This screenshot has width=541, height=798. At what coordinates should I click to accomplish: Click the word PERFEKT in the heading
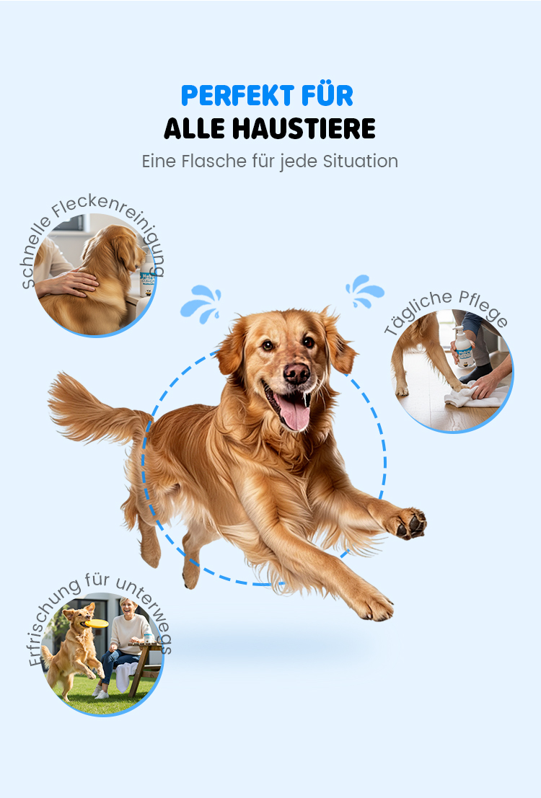pos(238,95)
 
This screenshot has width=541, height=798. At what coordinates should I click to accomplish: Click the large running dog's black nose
pos(296,373)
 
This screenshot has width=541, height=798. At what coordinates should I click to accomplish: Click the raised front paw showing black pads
pos(410,523)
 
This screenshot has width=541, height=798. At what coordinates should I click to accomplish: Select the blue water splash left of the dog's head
pos(201,303)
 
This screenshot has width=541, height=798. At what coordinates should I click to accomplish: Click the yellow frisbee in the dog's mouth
pos(96,624)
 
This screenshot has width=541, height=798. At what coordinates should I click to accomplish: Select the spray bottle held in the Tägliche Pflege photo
pos(464,346)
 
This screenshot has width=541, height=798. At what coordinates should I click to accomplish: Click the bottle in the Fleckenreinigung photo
pos(147,275)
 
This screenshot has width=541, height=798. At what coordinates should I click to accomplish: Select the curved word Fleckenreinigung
pos(117,224)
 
